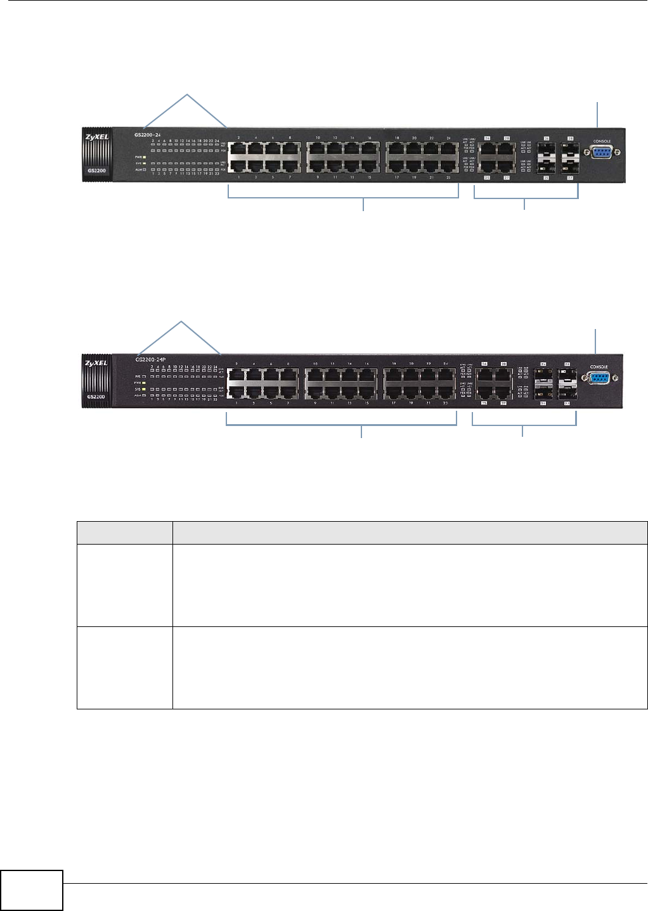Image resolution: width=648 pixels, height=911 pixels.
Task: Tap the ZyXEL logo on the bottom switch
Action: click(95, 363)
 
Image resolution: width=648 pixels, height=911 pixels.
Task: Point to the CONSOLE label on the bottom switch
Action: click(599, 367)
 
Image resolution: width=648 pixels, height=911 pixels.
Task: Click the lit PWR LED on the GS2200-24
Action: click(145, 157)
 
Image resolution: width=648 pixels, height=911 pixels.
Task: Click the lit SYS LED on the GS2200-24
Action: click(145, 164)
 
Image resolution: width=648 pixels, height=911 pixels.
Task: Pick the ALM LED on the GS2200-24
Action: click(145, 170)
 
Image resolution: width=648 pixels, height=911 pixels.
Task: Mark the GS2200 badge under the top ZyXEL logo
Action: click(95, 171)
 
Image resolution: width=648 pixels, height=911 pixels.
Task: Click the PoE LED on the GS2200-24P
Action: click(145, 376)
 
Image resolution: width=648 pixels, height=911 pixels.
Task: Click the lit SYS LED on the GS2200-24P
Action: click(145, 389)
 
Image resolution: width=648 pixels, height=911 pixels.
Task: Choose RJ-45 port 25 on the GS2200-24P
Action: click(484, 391)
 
